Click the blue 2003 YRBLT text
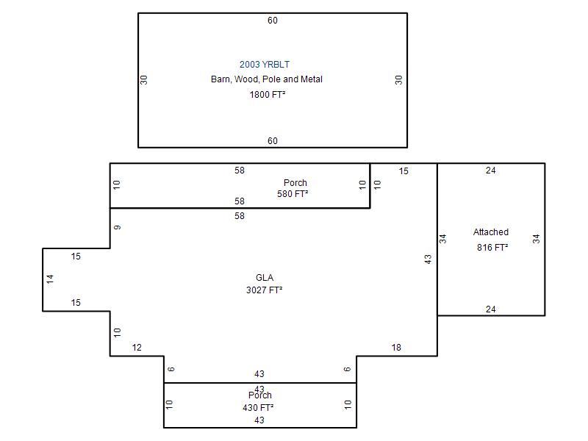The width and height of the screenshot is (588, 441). pyautogui.click(x=265, y=65)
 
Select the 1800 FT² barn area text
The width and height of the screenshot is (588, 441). pyautogui.click(x=268, y=95)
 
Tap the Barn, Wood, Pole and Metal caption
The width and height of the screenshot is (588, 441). pyautogui.click(x=267, y=79)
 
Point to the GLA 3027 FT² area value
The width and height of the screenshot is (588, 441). pyautogui.click(x=265, y=290)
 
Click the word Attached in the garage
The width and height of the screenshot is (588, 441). pyautogui.click(x=491, y=232)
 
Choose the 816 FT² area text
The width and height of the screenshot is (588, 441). pyautogui.click(x=492, y=248)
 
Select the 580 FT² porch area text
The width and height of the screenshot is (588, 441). pyautogui.click(x=293, y=194)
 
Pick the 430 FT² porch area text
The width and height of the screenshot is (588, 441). pyautogui.click(x=258, y=408)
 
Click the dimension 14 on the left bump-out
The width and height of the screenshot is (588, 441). pyautogui.click(x=50, y=279)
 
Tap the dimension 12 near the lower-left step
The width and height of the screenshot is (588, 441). pyautogui.click(x=137, y=348)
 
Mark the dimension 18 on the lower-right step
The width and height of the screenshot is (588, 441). pyautogui.click(x=396, y=348)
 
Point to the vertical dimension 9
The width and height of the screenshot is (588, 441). pyautogui.click(x=118, y=227)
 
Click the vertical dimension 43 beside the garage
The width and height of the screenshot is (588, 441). pyautogui.click(x=428, y=259)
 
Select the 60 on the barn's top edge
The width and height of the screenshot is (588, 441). pyautogui.click(x=273, y=21)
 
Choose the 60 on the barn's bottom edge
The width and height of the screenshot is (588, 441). pyautogui.click(x=273, y=141)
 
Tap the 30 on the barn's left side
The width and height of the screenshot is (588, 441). pyautogui.click(x=144, y=80)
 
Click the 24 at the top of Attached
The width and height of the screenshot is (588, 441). pyautogui.click(x=490, y=171)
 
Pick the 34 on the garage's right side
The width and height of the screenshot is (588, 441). pyautogui.click(x=537, y=239)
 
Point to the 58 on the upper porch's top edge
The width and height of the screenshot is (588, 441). pyautogui.click(x=240, y=171)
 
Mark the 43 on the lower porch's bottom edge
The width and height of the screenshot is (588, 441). pyautogui.click(x=259, y=420)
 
